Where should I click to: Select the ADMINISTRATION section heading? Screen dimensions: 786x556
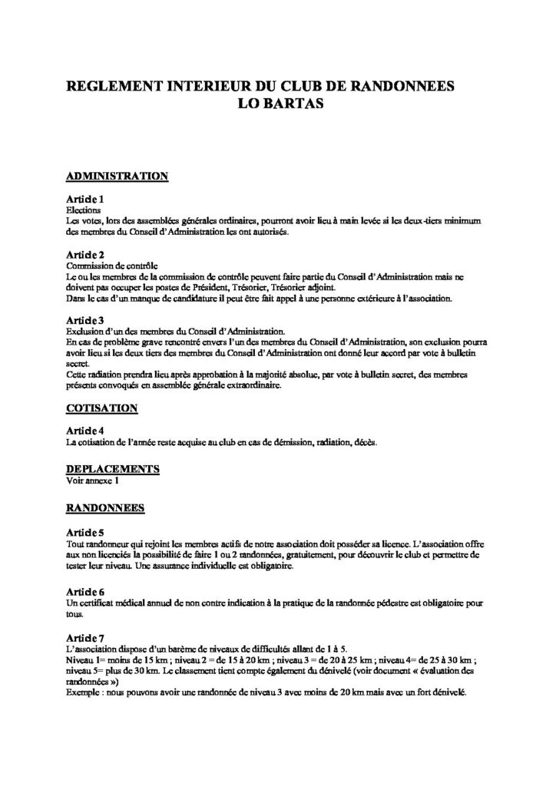[117, 176]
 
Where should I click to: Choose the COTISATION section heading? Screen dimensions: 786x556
[102, 408]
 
